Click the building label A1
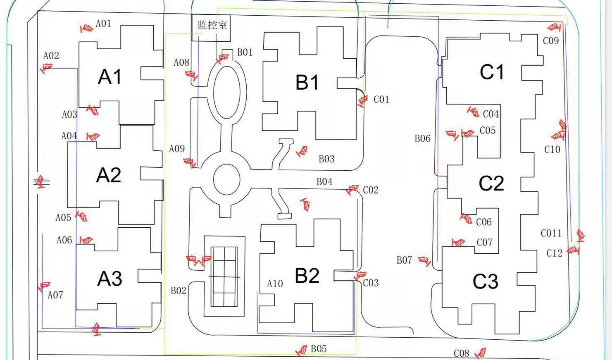click(x=110, y=77)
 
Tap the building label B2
click(x=307, y=276)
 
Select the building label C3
click(x=485, y=282)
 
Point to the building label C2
click(x=491, y=184)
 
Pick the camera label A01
click(x=103, y=24)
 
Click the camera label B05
click(x=319, y=349)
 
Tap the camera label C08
click(x=461, y=353)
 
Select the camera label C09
click(x=550, y=41)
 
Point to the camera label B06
click(x=422, y=139)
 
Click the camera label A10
click(x=275, y=284)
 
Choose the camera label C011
click(x=551, y=234)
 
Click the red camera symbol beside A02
click(x=45, y=68)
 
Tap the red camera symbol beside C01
click(x=362, y=101)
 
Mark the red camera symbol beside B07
click(x=424, y=261)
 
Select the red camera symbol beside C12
click(x=573, y=250)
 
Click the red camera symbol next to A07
click(x=44, y=286)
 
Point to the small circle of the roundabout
click(x=226, y=179)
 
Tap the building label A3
click(x=110, y=279)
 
